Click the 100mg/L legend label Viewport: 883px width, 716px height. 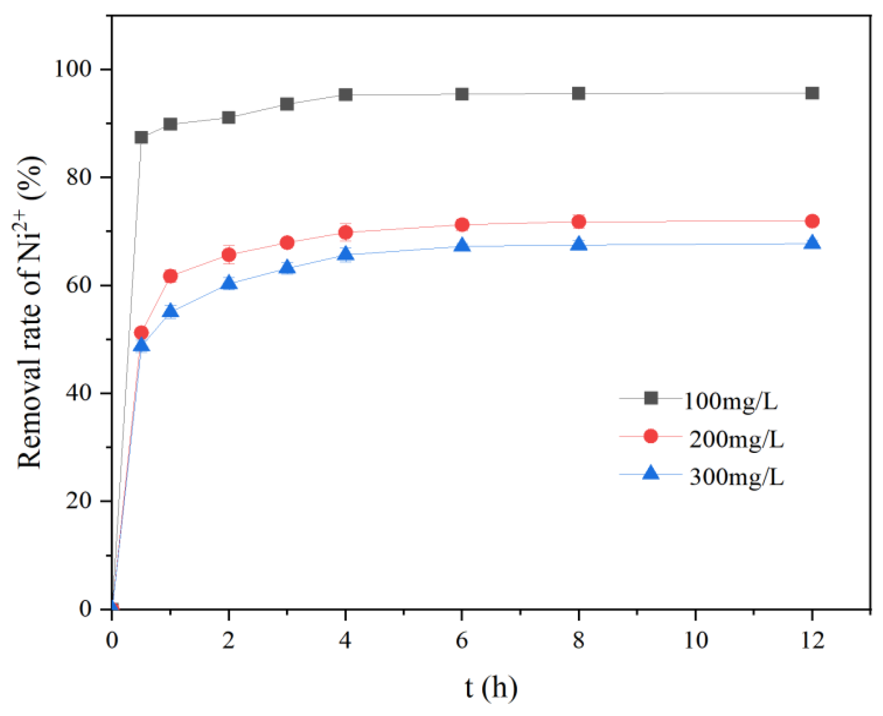730,401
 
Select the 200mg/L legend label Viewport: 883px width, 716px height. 736,439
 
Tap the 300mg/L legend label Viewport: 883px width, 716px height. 736,476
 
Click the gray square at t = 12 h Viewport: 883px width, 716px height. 812,93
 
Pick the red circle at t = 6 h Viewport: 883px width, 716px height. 462,224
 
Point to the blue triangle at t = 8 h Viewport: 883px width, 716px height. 578,245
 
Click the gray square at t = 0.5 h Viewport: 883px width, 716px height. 141,137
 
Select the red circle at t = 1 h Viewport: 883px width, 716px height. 170,276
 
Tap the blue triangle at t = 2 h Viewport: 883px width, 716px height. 229,283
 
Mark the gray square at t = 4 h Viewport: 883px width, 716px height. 345,95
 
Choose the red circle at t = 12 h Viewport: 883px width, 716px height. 812,221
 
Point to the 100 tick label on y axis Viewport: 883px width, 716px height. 72,69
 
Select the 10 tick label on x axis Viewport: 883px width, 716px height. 695,640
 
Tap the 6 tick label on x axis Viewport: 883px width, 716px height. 461,640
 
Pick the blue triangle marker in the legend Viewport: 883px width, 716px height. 650,473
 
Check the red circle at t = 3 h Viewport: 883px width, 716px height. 287,243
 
